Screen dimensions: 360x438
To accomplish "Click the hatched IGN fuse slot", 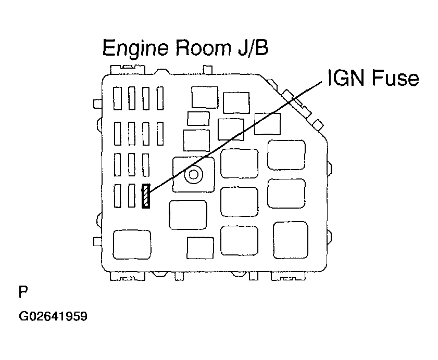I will pyautogui.click(x=146, y=197).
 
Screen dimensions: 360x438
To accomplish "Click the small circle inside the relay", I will pyautogui.click(x=194, y=175).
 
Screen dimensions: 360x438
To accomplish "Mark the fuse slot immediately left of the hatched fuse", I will pyautogui.click(x=132, y=197).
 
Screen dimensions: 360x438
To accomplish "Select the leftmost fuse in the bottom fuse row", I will pyautogui.click(x=118, y=197).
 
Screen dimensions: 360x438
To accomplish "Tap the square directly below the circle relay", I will pyautogui.click(x=188, y=214).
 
